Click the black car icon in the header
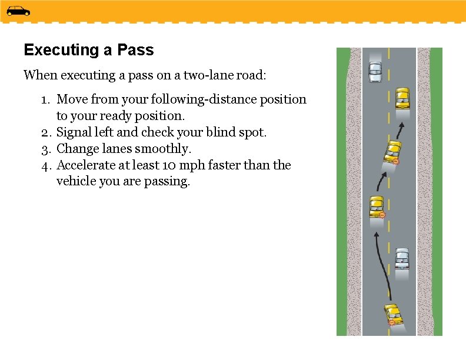(18, 11)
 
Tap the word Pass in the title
(135, 50)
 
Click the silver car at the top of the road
(375, 71)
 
